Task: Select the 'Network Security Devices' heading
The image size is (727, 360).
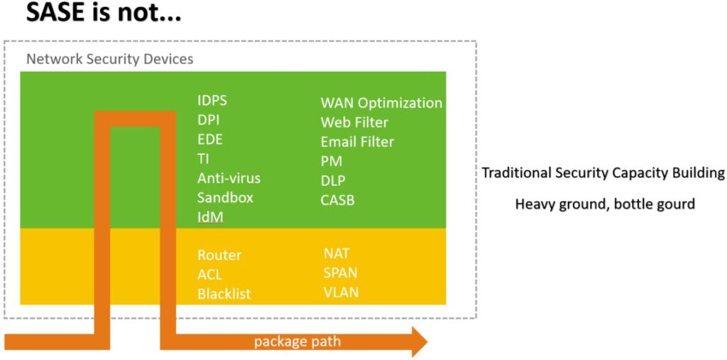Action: pos(110,60)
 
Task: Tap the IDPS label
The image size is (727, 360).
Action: pos(212,101)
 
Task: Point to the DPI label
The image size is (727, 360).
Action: pos(208,120)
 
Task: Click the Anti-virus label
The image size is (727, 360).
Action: pos(229,178)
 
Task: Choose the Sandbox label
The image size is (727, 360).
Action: pos(225,197)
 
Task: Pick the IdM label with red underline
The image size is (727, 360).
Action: pos(210,217)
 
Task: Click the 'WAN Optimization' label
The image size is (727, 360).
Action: pos(381,103)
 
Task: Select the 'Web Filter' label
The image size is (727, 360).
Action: pos(354,122)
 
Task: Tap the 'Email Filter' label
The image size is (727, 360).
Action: pos(357,141)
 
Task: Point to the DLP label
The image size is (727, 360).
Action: pos(333,180)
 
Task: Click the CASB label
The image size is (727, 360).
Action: pos(337,200)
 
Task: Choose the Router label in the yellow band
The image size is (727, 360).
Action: pos(219,255)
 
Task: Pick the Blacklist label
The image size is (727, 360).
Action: pos(224,294)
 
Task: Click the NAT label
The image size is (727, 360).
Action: pos(337,253)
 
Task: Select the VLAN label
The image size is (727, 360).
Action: pos(341,293)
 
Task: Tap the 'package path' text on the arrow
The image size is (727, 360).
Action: pos(297,342)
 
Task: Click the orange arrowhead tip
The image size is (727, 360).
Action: pos(427,342)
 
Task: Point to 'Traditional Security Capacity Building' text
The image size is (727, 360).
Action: pos(603,173)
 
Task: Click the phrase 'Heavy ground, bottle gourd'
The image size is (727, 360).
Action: pos(605,204)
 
